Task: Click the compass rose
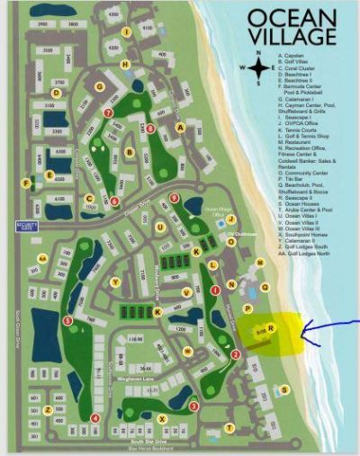coord(258,67)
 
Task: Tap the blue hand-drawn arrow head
coord(304,335)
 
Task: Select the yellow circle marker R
coord(270,329)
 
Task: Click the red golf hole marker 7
coord(108,113)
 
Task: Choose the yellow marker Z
coord(47,409)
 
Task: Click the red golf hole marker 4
coord(94,417)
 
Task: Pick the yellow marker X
coord(162,418)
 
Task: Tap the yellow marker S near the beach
coord(284,389)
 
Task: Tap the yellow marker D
coord(56,91)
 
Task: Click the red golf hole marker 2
coord(236,354)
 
